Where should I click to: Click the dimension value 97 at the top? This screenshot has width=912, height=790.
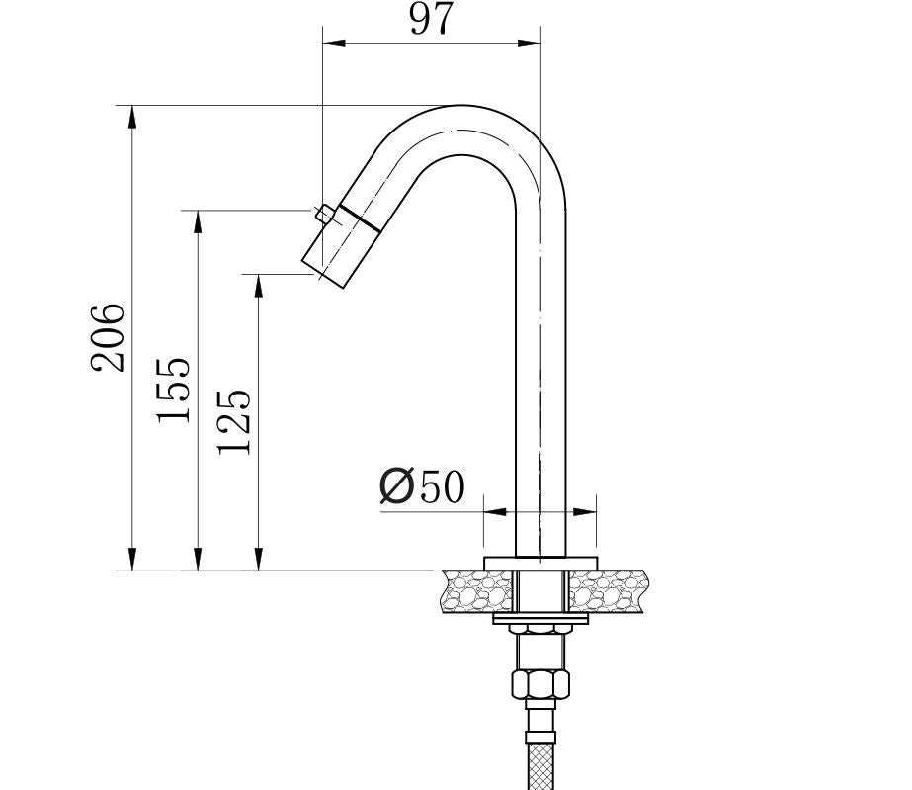pyautogui.click(x=431, y=19)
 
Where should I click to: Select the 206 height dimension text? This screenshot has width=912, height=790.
pyautogui.click(x=109, y=337)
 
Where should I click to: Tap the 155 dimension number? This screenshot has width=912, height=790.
pyautogui.click(x=173, y=390)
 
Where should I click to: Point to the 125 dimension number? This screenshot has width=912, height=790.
pyautogui.click(x=234, y=421)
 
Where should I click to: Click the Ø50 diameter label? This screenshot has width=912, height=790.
pyautogui.click(x=422, y=486)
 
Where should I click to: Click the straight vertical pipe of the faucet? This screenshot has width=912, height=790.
pyautogui.click(x=541, y=395)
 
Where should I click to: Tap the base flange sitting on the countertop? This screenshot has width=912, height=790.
pyautogui.click(x=540, y=563)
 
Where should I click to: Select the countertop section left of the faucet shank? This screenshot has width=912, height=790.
pyautogui.click(x=479, y=591)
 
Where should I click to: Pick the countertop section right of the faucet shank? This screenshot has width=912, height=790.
pyautogui.click(x=608, y=591)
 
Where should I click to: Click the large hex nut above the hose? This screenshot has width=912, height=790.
pyautogui.click(x=539, y=684)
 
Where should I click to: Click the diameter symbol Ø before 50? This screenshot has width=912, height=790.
pyautogui.click(x=396, y=486)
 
